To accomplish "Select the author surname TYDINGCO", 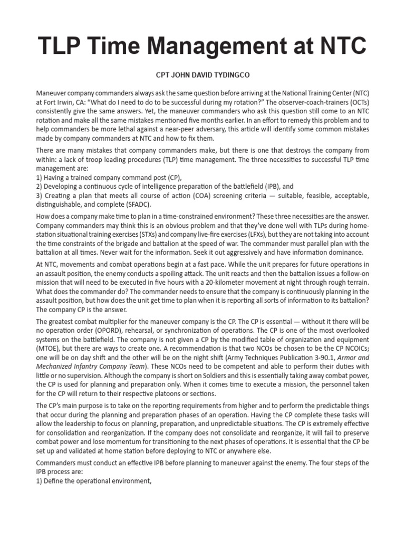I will point(222,76).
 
